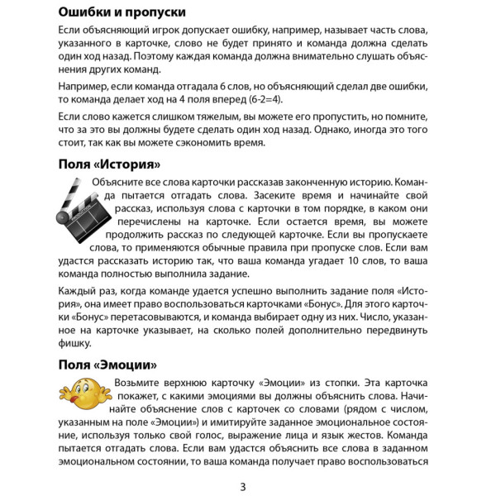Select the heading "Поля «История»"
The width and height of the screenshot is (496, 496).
108,164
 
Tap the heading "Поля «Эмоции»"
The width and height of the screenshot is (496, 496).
107,365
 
